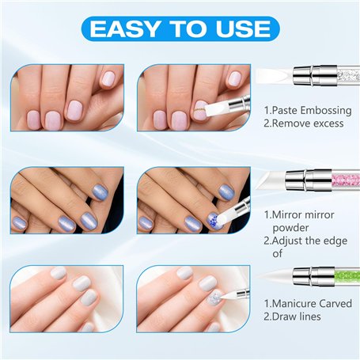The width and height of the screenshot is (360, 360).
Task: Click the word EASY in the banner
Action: (124, 28)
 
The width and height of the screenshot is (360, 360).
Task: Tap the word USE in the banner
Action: (244, 28)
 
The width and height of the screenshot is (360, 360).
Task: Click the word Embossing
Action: (326, 111)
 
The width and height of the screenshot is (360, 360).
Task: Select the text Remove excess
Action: (308, 123)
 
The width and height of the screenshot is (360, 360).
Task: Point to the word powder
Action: (290, 228)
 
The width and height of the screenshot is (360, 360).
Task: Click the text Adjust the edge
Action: (309, 241)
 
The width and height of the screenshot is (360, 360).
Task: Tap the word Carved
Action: (335, 304)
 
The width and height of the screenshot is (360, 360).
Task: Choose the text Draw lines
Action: (296, 316)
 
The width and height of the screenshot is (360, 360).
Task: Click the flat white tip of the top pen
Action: (275, 76)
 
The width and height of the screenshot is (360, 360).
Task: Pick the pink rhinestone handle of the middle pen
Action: (346, 180)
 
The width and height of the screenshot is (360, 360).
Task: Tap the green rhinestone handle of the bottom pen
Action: (347, 276)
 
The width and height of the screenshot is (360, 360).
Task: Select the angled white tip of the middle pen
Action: (271, 180)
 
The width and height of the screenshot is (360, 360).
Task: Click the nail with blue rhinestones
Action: (214, 220)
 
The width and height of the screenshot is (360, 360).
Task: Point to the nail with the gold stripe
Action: (201, 111)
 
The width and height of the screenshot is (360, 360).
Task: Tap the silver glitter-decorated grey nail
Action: (216, 299)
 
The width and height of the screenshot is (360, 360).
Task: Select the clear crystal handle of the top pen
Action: (349, 76)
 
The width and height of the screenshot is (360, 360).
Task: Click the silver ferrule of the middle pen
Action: (309, 180)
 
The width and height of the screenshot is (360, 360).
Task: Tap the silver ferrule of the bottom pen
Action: (314, 276)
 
